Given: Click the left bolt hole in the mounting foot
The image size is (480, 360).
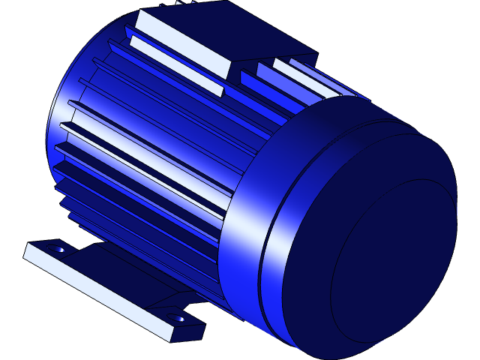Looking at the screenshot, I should point(57,247).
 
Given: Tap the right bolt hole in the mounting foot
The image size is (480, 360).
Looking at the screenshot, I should point(179,318).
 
